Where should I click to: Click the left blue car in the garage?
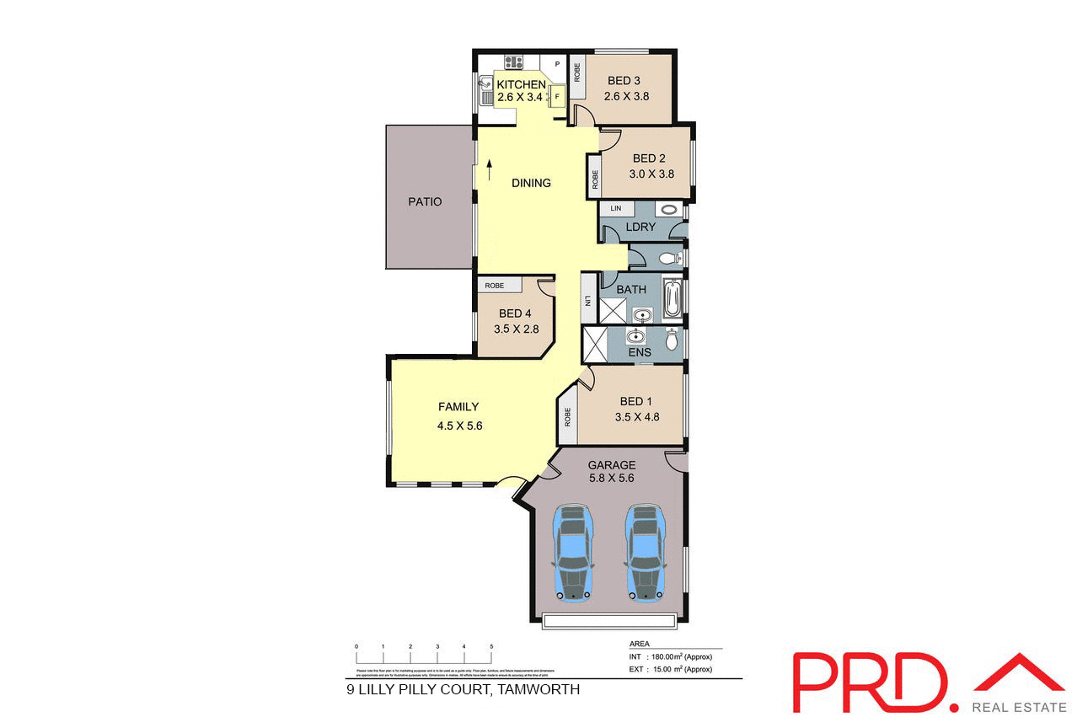(x=572, y=552)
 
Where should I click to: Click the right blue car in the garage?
(x=644, y=552)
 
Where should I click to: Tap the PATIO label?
(x=425, y=201)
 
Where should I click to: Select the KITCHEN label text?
(x=521, y=85)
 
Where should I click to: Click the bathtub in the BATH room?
(x=672, y=299)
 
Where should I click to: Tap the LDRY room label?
(x=640, y=227)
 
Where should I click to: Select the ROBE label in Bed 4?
(x=495, y=286)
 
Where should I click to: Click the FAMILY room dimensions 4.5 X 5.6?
(x=459, y=426)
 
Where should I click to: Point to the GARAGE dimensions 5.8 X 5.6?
(x=612, y=478)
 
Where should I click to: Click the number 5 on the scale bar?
(x=491, y=646)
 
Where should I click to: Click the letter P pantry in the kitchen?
(x=557, y=64)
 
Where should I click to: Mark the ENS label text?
(x=640, y=352)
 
